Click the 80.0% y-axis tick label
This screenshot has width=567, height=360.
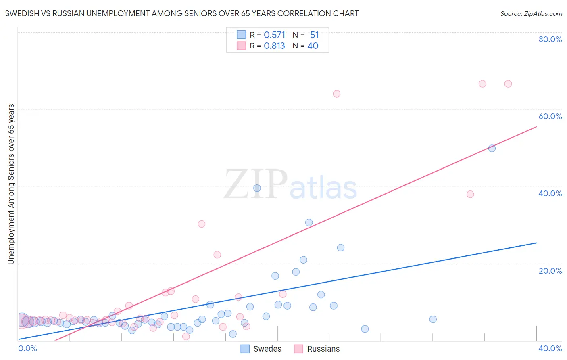(550, 39)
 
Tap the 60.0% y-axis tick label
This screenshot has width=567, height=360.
(550, 116)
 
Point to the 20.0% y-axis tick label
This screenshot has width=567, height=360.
(550, 270)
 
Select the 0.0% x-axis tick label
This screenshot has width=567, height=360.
(27, 348)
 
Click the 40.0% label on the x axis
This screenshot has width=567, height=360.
(550, 348)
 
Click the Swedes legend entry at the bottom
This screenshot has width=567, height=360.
(261, 349)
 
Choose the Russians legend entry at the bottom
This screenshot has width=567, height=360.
(317, 349)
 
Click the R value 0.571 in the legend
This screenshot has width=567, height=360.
(274, 35)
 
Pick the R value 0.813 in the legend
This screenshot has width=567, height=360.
(274, 46)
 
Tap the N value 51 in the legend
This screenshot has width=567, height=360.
(314, 35)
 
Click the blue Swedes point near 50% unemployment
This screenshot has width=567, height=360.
(492, 148)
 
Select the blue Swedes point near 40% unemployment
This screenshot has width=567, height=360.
(257, 188)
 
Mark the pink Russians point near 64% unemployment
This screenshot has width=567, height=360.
(337, 94)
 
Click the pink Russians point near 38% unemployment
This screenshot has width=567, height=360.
(470, 194)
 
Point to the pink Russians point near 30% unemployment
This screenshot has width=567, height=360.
(202, 224)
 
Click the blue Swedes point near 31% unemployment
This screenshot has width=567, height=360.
(309, 222)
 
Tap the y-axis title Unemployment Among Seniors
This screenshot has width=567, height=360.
(11, 184)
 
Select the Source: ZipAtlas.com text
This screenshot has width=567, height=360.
(531, 14)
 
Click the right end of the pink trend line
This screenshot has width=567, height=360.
(536, 127)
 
